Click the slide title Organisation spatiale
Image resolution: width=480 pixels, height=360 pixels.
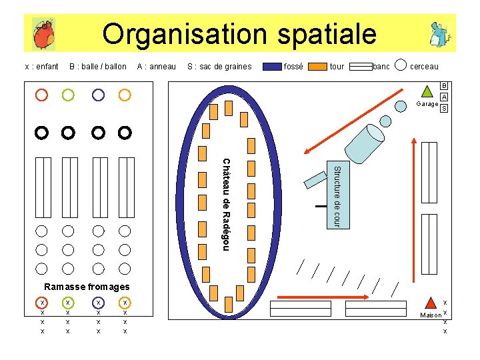point(239,33)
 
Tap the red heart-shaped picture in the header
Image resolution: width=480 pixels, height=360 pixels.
point(43,34)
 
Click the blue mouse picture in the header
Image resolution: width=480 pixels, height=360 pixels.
point(438,34)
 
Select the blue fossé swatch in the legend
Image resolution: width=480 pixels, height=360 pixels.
point(272,67)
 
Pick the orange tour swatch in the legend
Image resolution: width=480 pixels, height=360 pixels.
point(319,67)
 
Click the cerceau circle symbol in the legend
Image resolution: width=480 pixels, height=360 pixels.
point(401,65)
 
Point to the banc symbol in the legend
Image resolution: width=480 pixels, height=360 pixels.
point(361,67)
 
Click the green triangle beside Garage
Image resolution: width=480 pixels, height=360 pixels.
point(427,91)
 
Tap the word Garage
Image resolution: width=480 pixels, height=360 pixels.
point(427,104)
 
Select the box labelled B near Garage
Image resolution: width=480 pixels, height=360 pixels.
point(444,86)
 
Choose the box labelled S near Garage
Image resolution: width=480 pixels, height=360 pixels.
point(444,108)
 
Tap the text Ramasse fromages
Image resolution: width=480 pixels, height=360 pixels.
point(86,287)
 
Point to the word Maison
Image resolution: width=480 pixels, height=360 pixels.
point(430,315)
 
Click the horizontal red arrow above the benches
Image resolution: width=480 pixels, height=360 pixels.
point(323,296)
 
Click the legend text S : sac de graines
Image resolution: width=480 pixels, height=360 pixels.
point(219,67)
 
